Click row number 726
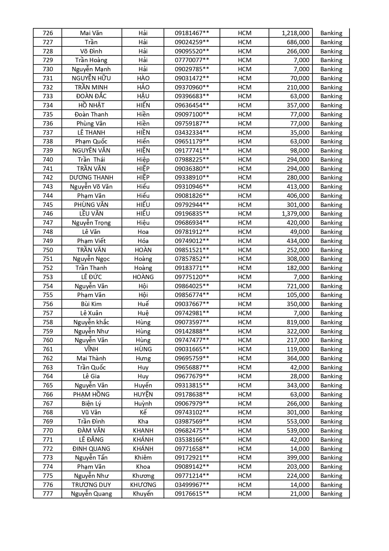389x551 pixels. click(48, 33)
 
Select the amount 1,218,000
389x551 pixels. click(295, 33)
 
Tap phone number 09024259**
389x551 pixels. click(192, 42)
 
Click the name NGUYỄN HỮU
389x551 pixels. click(91, 78)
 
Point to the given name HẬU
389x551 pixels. click(143, 96)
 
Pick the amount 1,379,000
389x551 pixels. click(295, 213)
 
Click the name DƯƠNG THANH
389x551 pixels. click(91, 177)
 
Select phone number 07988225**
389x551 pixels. click(192, 159)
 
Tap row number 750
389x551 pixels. click(48, 250)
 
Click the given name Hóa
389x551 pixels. click(143, 241)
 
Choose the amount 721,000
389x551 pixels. click(298, 286)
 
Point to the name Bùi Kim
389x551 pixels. click(91, 304)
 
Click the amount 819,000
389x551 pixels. click(298, 322)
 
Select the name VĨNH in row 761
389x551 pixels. click(91, 349)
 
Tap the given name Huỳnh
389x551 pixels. click(143, 403)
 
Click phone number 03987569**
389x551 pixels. click(192, 421)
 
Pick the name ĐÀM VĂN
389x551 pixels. click(91, 430)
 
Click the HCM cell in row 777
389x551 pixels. click(244, 494)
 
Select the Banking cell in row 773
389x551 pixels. click(331, 457)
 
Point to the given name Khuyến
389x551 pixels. click(143, 494)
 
